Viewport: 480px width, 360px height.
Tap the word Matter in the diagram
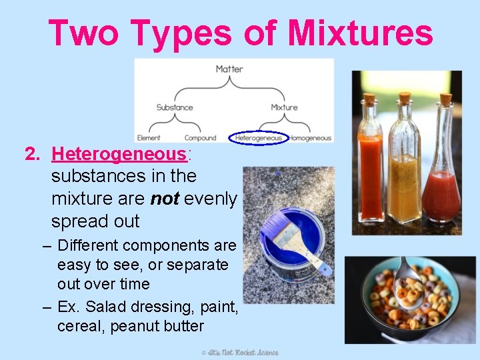point(229,69)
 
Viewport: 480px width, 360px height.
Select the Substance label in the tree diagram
point(175,107)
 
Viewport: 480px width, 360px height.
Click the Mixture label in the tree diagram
point(284,107)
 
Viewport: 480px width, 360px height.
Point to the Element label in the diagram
point(149,138)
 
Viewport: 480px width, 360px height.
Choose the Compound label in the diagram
point(200,138)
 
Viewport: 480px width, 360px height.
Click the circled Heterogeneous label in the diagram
point(258,138)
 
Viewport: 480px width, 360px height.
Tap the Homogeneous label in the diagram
point(310,138)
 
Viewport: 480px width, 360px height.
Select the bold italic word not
point(165,199)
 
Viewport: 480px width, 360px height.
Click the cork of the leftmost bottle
point(369,100)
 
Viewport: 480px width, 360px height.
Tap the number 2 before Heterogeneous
point(30,154)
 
